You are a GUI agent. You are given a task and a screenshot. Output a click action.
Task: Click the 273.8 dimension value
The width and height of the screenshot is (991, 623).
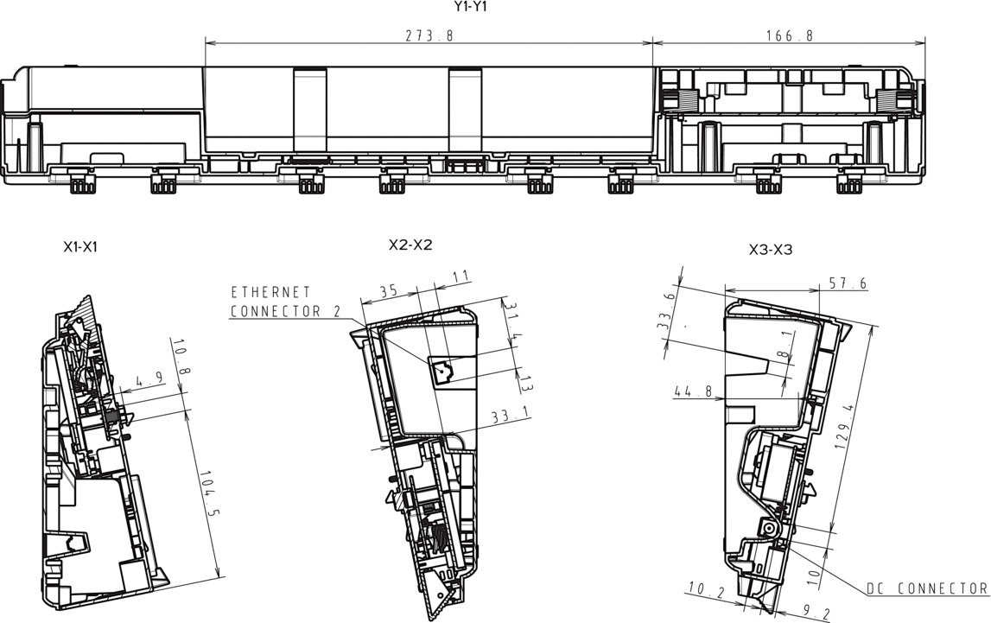click(x=429, y=36)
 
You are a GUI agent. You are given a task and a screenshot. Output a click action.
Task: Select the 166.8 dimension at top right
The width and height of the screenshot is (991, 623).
click(x=788, y=36)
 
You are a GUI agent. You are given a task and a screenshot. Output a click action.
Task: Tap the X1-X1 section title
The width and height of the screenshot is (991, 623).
click(x=79, y=247)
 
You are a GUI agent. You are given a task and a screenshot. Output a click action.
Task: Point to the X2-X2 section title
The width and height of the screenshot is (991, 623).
click(x=410, y=245)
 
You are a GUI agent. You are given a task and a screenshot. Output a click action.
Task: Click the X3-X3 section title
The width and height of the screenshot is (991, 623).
click(x=770, y=251)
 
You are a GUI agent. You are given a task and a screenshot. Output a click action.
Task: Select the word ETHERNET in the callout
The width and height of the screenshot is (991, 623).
click(x=270, y=293)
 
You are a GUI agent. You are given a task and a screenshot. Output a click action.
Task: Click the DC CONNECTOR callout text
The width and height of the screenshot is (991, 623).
click(x=926, y=589)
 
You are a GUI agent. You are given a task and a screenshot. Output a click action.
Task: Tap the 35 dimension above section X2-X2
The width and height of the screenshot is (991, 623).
click(x=389, y=291)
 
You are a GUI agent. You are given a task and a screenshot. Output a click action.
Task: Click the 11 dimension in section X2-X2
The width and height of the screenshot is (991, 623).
click(x=461, y=277)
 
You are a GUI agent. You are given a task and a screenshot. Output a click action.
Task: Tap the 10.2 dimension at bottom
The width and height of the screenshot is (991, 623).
click(x=705, y=591)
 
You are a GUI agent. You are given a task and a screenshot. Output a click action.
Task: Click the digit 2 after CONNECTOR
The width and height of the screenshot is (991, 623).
click(x=336, y=311)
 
